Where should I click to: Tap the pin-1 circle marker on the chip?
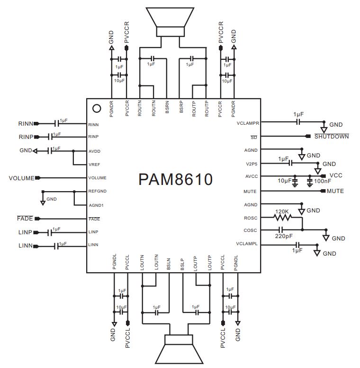tap(97, 108)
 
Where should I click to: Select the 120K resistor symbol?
tap(283, 218)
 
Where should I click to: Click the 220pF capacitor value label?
tap(284, 236)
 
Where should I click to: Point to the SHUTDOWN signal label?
tap(332, 137)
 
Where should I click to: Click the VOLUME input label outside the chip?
tap(21, 178)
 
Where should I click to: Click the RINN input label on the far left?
tap(26, 124)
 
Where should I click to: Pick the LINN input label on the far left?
tap(26, 246)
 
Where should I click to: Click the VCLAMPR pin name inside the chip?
tap(247, 123)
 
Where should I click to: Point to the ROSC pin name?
tap(251, 218)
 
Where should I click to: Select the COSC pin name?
tap(251, 231)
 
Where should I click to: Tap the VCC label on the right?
tap(335, 175)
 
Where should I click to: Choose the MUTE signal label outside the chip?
tap(335, 192)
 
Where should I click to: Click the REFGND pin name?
tap(97, 192)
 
